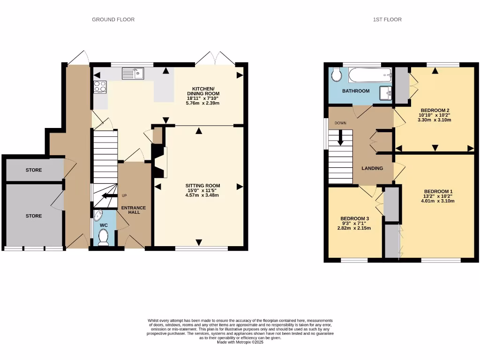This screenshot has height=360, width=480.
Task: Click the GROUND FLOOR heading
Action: coord(113,20)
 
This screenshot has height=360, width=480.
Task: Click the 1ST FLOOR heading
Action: coord(387,20)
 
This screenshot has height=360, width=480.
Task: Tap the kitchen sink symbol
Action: coord(133,73)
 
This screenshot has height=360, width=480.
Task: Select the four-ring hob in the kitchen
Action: coord(100,87)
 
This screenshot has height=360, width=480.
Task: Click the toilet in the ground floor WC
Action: coord(104,238)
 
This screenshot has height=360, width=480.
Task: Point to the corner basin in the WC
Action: coord(97,215)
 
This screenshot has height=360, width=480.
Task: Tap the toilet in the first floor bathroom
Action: coord(336,75)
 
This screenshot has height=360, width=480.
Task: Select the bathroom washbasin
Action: coord(386,93)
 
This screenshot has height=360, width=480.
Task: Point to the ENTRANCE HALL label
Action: coord(134,210)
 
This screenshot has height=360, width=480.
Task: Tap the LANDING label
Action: coord(372,168)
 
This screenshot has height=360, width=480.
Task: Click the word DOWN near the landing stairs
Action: coord(340,123)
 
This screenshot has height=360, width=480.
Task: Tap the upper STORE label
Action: coord(33,170)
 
